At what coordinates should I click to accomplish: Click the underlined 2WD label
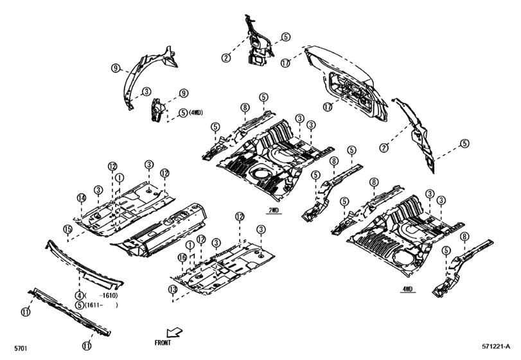click(274, 210)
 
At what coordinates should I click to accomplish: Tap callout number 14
click(82, 198)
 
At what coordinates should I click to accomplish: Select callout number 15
click(67, 229)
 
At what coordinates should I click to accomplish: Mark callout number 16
click(182, 258)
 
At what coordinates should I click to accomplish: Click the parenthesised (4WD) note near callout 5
click(195, 113)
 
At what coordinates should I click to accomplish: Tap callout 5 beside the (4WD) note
click(183, 113)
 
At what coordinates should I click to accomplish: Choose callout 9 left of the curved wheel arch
click(115, 68)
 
